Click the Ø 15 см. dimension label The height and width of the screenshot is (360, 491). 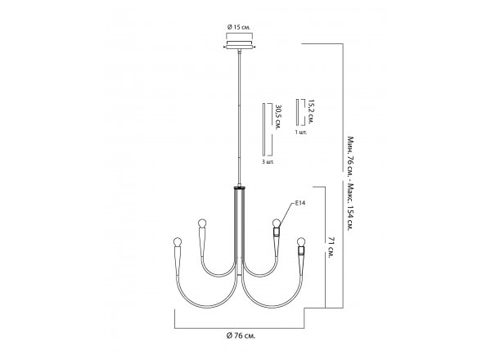pos(239,27)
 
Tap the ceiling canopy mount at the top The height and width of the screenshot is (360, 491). pos(240,45)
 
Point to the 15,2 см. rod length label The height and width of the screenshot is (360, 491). pos(310,112)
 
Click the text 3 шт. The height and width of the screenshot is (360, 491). pos(268,162)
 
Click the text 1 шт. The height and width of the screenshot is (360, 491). pos(301,132)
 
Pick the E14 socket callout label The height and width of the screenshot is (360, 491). pos(300,203)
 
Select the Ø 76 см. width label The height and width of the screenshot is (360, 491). pos(241,336)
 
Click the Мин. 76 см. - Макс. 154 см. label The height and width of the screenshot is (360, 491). pos(350,183)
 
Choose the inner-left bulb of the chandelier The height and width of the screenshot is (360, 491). pos(202,223)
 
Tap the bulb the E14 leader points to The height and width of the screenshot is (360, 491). pos(277,223)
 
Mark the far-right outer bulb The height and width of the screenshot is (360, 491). pos(301,241)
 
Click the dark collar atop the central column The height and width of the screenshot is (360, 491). pos(240,188)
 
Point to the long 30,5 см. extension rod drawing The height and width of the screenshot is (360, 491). pos(264,129)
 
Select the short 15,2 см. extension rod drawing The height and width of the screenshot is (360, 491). pos(297,112)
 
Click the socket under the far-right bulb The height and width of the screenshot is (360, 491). pos(301,250)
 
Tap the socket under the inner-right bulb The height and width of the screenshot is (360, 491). pos(277,232)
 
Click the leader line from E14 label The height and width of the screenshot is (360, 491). pos(287,214)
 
